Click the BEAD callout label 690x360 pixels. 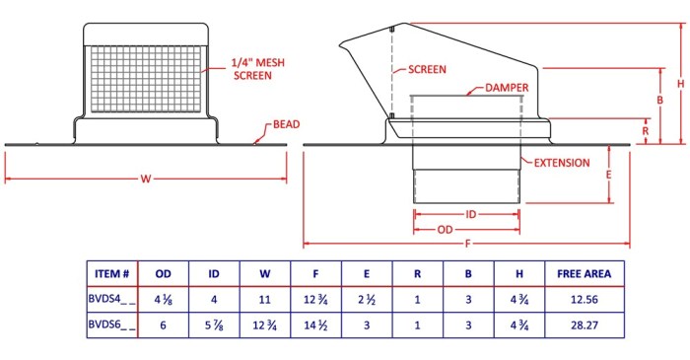tap(286, 124)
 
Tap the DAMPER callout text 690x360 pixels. tap(507, 88)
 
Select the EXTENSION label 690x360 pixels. tap(562, 163)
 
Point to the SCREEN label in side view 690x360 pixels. tap(427, 69)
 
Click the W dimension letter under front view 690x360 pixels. tap(146, 179)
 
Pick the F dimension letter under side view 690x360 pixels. tap(467, 244)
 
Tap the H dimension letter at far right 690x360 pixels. tap(681, 84)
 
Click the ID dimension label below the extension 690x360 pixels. tap(470, 214)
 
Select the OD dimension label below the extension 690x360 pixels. tap(445, 229)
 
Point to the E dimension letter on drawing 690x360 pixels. tap(608, 175)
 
